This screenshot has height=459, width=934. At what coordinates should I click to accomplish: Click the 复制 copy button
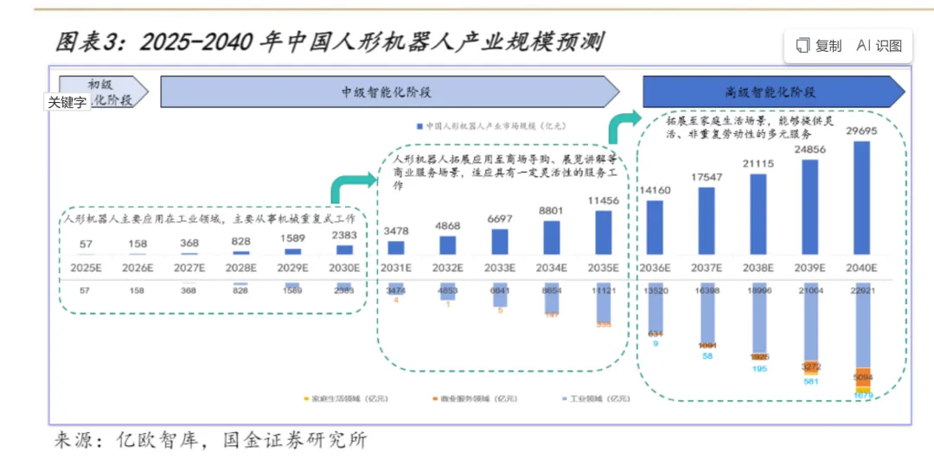click(x=818, y=46)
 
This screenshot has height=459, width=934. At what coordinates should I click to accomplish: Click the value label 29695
click(x=862, y=131)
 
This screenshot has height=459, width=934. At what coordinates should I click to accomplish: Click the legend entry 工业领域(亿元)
click(x=597, y=398)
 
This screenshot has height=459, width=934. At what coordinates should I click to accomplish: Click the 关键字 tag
click(x=67, y=102)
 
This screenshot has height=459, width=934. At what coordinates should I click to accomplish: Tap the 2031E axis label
click(x=396, y=267)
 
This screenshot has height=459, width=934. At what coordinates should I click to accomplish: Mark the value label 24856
click(x=810, y=150)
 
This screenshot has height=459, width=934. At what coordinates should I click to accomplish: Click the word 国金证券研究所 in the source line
click(x=295, y=439)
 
